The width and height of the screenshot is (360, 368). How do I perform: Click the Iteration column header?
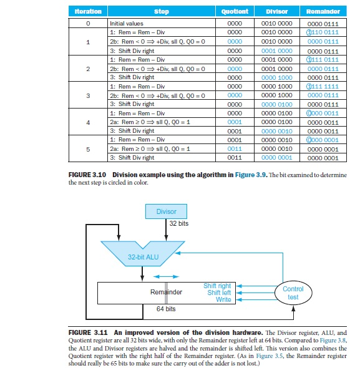tap(88, 11)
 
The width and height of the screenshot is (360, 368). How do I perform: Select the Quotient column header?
tap(235, 11)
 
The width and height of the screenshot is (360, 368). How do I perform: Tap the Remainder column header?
tap(323, 11)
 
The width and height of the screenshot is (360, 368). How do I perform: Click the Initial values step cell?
tap(127, 24)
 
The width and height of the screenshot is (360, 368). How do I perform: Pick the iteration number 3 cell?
tap(88, 95)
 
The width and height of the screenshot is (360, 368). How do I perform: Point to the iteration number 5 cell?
tap(88, 149)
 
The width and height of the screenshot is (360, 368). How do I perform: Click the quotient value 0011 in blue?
tap(235, 149)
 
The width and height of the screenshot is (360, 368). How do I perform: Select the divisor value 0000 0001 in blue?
tap(277, 158)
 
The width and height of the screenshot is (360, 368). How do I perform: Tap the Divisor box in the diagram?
tap(166, 211)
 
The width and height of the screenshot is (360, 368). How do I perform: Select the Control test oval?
tap(293, 293)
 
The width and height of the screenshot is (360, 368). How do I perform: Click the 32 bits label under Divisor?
tap(179, 223)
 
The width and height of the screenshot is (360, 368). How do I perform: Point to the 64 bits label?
tap(165, 309)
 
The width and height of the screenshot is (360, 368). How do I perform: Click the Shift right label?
tap(218, 286)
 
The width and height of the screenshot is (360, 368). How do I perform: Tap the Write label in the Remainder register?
tap(223, 299)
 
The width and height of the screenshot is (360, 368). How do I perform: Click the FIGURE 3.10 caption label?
tap(90, 175)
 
